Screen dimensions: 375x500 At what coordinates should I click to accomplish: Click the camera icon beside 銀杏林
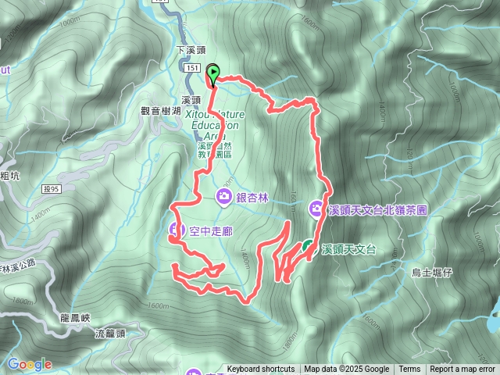pyautogui.click(x=224, y=195)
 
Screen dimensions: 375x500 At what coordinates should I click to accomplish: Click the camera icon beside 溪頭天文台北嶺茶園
pyautogui.click(x=316, y=208)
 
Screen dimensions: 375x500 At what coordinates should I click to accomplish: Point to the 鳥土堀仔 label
pyautogui.click(x=431, y=273)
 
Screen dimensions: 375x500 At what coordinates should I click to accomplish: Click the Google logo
pyautogui.click(x=29, y=364)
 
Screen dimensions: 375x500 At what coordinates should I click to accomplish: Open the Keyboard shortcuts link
pyautogui.click(x=261, y=370)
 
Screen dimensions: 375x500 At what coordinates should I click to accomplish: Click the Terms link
pyautogui.click(x=409, y=370)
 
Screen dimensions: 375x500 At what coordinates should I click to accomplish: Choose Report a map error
pyautogui.click(x=462, y=370)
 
